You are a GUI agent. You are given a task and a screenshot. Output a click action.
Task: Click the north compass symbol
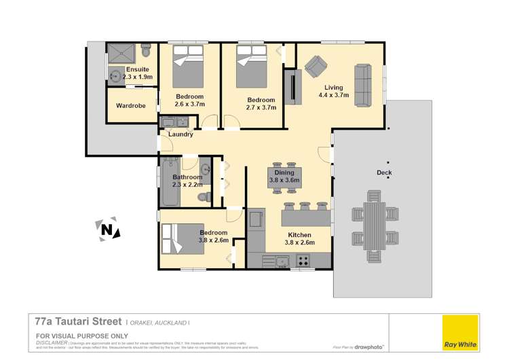[x=106, y=230]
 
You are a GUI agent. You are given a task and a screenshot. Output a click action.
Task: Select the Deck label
[x=384, y=173]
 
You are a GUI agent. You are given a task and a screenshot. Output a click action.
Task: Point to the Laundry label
[x=181, y=134]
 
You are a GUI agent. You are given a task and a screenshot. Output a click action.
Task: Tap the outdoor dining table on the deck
[x=373, y=226]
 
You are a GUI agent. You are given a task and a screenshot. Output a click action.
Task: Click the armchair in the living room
[x=314, y=67]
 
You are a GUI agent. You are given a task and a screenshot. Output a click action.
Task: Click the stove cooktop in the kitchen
[x=303, y=259]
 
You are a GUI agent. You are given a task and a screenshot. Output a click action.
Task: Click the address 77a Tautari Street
[x=78, y=321]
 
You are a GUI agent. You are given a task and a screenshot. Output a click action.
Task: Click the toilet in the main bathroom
[x=202, y=197]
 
